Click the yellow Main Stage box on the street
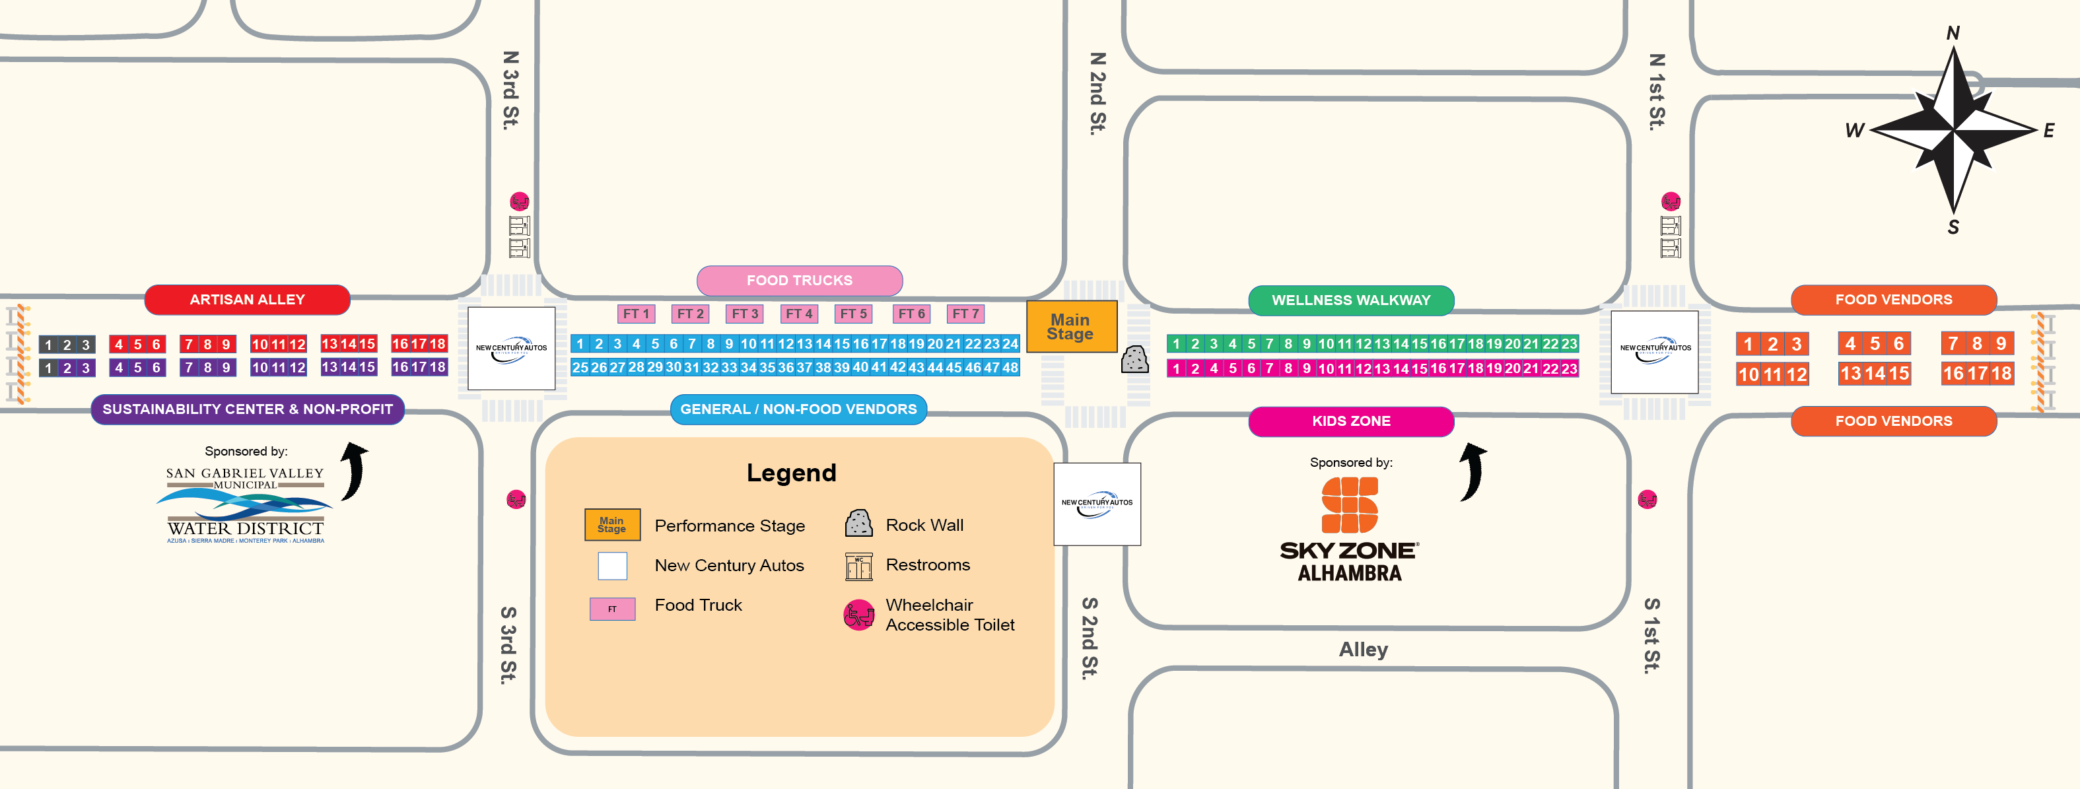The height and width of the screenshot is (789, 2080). click(1070, 326)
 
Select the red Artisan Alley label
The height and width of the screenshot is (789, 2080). click(247, 300)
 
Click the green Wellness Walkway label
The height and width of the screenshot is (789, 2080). click(1351, 300)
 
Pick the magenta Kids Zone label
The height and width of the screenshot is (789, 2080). click(1351, 421)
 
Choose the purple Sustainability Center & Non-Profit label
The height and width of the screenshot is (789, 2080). click(247, 409)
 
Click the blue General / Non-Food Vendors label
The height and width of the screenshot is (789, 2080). click(798, 409)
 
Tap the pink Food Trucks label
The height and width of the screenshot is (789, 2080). click(800, 280)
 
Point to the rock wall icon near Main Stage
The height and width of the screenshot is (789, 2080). click(1134, 359)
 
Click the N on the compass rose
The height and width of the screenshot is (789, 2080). click(1953, 33)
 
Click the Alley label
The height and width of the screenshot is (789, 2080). click(1363, 649)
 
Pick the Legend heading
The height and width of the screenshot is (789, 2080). click(790, 473)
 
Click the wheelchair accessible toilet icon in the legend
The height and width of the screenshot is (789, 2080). click(858, 615)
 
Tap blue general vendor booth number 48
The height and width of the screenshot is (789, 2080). click(1010, 368)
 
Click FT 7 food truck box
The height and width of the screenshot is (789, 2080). click(965, 314)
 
